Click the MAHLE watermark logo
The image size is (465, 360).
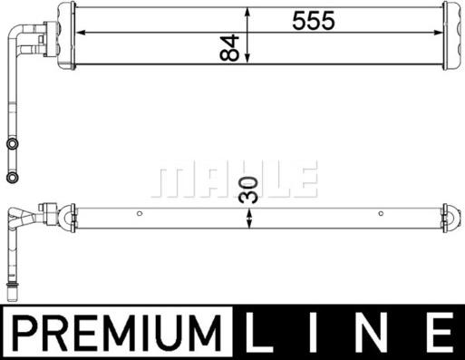pos(235,180)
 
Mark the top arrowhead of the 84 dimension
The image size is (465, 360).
pos(247,10)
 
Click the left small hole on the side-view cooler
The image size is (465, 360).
pos(139,214)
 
